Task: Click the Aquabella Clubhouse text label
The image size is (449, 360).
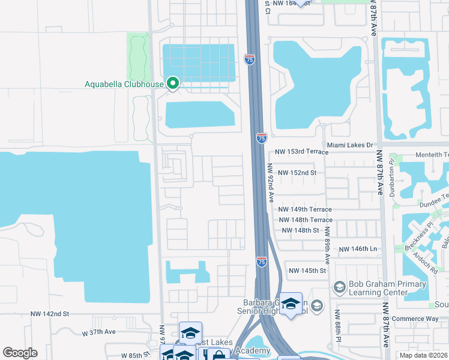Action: coord(124,84)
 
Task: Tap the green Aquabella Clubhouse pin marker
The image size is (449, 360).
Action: coord(173,83)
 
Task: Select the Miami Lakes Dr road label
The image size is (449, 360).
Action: coord(350,145)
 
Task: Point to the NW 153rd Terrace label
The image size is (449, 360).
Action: coord(301,152)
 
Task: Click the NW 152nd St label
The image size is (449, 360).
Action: coord(296,172)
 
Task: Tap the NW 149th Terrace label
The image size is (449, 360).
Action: coord(305,209)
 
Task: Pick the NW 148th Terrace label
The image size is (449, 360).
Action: coord(306,220)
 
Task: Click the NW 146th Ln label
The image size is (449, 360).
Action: coord(358,248)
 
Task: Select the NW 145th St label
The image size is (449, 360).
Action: coord(307,271)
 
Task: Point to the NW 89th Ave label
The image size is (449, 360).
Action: coord(327,246)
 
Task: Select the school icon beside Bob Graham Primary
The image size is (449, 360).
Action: coord(339,288)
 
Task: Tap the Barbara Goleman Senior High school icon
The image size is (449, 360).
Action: coord(291,304)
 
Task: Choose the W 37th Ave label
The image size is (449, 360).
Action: coord(98,332)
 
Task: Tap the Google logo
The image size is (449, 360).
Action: coord(20,353)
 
